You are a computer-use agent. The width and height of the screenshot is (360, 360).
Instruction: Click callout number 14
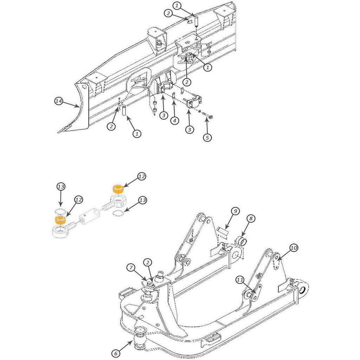click(x=59, y=101)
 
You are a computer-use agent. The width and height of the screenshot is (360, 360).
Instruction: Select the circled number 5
click(x=207, y=137)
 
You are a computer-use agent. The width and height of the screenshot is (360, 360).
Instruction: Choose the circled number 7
click(x=131, y=268)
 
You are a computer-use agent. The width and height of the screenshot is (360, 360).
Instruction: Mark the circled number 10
click(x=294, y=248)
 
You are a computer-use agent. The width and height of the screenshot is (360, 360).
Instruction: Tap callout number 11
click(x=240, y=280)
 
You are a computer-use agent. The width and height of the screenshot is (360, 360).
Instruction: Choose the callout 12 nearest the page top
click(x=141, y=176)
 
